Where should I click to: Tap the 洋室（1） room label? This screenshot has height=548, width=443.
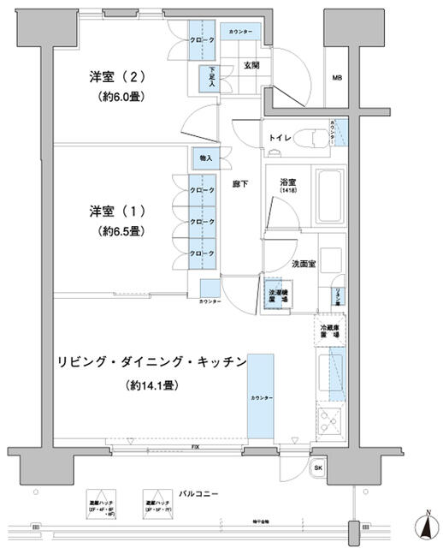[x=119, y=210]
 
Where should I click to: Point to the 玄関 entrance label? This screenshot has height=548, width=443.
[x=252, y=64]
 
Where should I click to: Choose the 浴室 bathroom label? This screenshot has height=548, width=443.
[x=286, y=182]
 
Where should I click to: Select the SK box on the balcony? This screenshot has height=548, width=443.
[x=317, y=468]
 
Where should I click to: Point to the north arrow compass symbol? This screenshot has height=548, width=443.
[x=425, y=524]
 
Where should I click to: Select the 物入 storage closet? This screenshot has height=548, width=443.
[x=206, y=159]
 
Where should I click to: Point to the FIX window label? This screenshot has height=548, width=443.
[x=185, y=448]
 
